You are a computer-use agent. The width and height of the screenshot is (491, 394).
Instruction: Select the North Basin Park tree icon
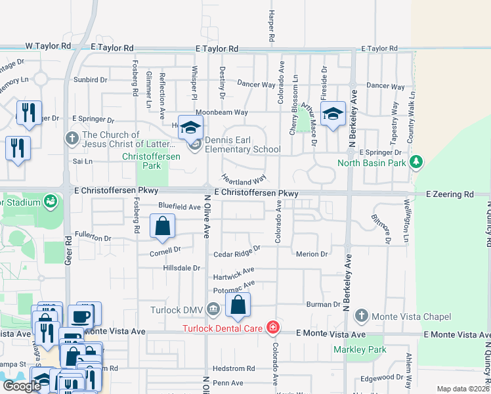point(416,162)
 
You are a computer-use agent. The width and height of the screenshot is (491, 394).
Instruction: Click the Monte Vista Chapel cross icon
point(360,317)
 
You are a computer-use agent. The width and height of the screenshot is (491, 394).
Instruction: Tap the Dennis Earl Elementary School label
point(243,144)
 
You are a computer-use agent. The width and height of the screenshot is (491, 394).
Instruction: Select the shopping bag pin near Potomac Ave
point(238,305)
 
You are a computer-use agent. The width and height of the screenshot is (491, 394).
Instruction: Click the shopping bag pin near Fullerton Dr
point(162,226)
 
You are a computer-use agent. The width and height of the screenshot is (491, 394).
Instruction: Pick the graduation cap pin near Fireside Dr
point(333,112)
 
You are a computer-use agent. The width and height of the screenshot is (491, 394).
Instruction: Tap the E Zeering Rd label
point(450,194)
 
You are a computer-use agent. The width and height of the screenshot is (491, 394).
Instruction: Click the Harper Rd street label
point(270,24)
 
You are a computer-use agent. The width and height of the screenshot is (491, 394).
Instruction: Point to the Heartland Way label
point(244,179)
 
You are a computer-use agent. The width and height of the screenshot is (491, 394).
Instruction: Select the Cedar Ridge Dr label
point(237,253)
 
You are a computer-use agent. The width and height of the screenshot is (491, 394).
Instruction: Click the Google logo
point(22,385)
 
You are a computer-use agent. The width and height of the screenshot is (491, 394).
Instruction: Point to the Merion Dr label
point(312,254)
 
